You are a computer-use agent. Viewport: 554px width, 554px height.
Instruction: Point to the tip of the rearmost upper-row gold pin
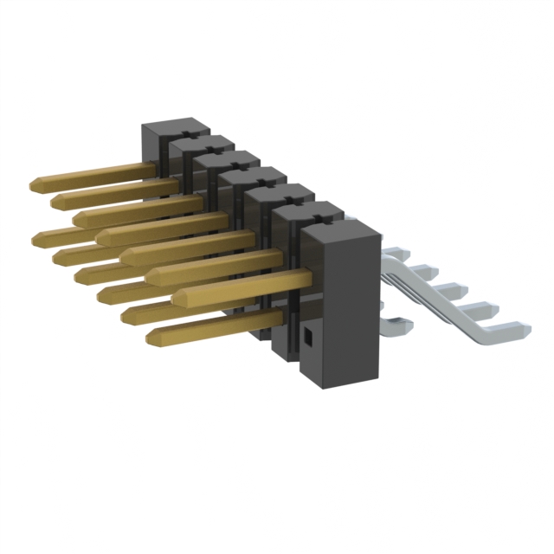pyautogui.click(x=36, y=184)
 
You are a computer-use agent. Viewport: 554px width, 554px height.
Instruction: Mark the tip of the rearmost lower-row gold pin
pyautogui.click(x=38, y=235)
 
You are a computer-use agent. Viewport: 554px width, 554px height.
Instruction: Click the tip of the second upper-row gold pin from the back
pyautogui.click(x=59, y=202)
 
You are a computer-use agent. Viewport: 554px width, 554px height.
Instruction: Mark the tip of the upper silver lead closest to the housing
pyautogui.click(x=395, y=254)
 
